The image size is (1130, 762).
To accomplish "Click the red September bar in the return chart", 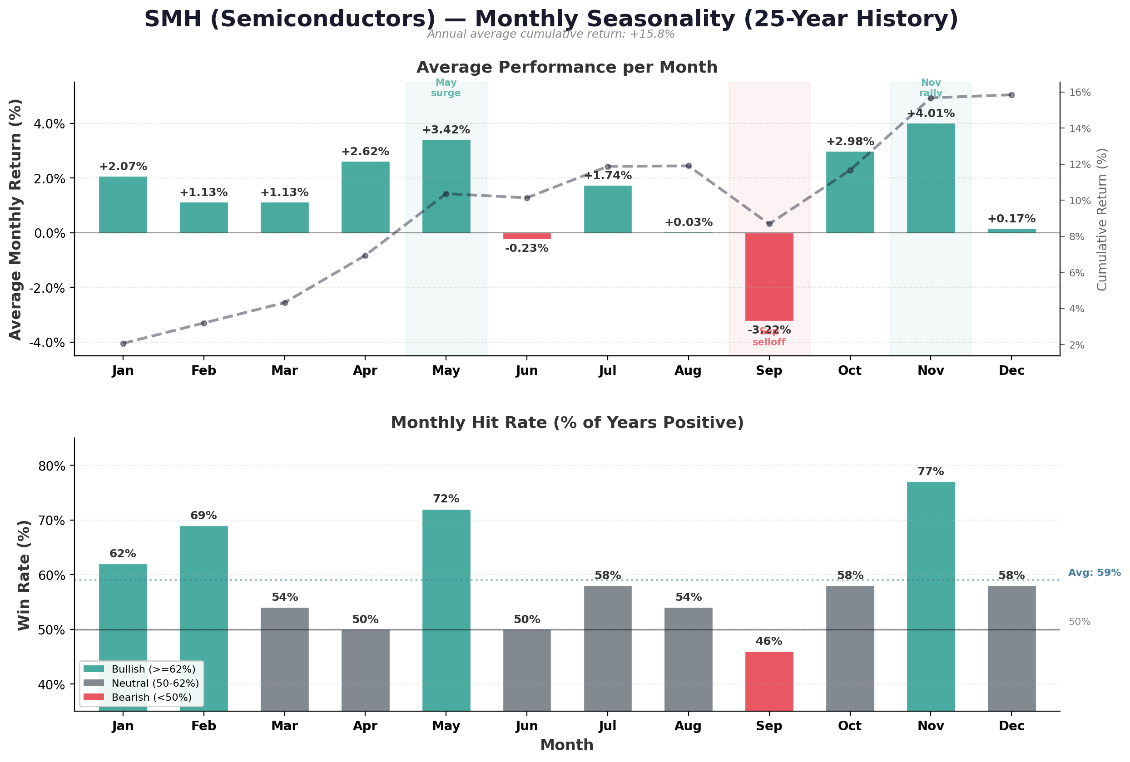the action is pos(769,276).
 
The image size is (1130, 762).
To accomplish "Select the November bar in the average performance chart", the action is pos(931,178).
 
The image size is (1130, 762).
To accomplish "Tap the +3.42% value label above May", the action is pos(446,130).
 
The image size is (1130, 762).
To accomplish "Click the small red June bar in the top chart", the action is pos(526,236).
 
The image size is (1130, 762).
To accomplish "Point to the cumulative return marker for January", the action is pos(123,344).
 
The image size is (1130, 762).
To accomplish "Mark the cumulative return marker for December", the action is pos(1011,95).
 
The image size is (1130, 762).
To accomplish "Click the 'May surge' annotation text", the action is pos(446,88).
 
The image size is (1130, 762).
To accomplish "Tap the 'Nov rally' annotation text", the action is pos(931,88).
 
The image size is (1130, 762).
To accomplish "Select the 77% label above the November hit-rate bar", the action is pos(931,472).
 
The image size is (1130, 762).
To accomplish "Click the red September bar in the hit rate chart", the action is pos(769,681).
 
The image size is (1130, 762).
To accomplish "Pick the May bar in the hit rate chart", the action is pos(446,610).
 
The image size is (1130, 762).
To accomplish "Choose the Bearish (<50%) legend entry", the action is pos(138,698).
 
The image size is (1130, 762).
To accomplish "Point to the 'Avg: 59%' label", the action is pos(1094,572).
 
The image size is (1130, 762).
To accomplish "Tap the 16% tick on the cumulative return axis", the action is pos(1079,92).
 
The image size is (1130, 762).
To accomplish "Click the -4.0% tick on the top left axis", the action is pos(47,343).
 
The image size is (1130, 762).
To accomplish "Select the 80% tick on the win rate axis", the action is pos(51,466).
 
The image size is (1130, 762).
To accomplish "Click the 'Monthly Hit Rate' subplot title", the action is pos(567,423).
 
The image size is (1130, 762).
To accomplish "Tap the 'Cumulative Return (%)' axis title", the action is pos(1102,219).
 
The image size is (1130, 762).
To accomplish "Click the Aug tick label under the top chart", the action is pos(688,371).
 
